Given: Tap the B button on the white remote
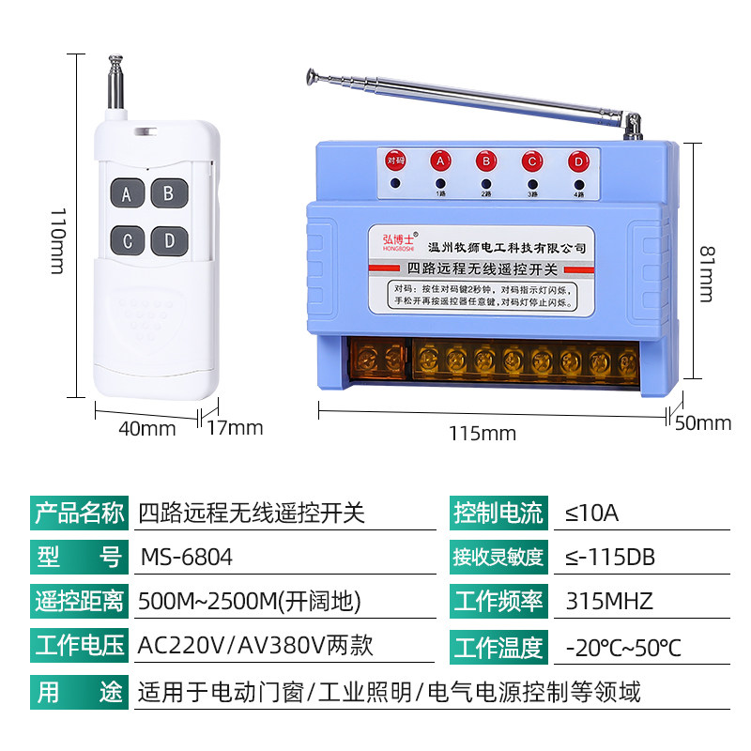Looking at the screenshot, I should [169, 194].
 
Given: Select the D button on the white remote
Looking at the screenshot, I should [169, 240].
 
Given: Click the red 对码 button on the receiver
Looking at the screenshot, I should [395, 161].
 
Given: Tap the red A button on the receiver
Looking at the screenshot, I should [439, 161].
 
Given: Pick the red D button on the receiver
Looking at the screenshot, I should [576, 161].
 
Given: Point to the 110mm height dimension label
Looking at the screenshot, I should [55, 241].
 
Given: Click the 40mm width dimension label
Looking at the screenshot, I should [147, 429].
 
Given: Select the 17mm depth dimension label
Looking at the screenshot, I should [235, 429].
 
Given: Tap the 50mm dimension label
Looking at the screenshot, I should [703, 423].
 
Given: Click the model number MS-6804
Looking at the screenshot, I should [186, 557].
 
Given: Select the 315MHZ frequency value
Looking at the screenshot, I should [609, 601].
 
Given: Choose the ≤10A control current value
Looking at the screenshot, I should [592, 513].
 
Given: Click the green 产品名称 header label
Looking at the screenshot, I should [78, 513].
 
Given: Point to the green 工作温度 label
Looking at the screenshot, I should [498, 646].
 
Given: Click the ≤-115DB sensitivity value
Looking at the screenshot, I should [610, 557].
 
